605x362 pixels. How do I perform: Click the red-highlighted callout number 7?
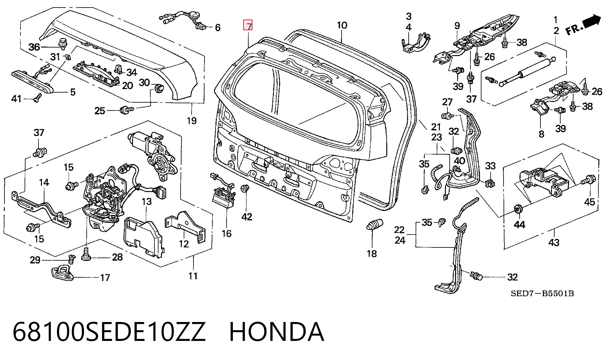pyautogui.click(x=248, y=25)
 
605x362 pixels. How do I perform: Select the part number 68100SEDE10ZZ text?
pyautogui.click(x=109, y=332)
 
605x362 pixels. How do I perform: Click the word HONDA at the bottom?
pyautogui.click(x=276, y=332)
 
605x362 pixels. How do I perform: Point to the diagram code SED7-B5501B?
pyautogui.click(x=542, y=294)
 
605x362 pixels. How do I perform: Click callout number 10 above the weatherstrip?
pyautogui.click(x=342, y=25)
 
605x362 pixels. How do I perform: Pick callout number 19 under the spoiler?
pyautogui.click(x=192, y=121)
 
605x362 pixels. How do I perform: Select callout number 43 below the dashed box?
pyautogui.click(x=554, y=242)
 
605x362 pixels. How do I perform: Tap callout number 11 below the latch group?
pyautogui.click(x=193, y=276)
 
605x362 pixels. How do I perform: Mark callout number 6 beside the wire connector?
pyautogui.click(x=218, y=28)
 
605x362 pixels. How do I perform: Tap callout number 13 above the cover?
pyautogui.click(x=147, y=201)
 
